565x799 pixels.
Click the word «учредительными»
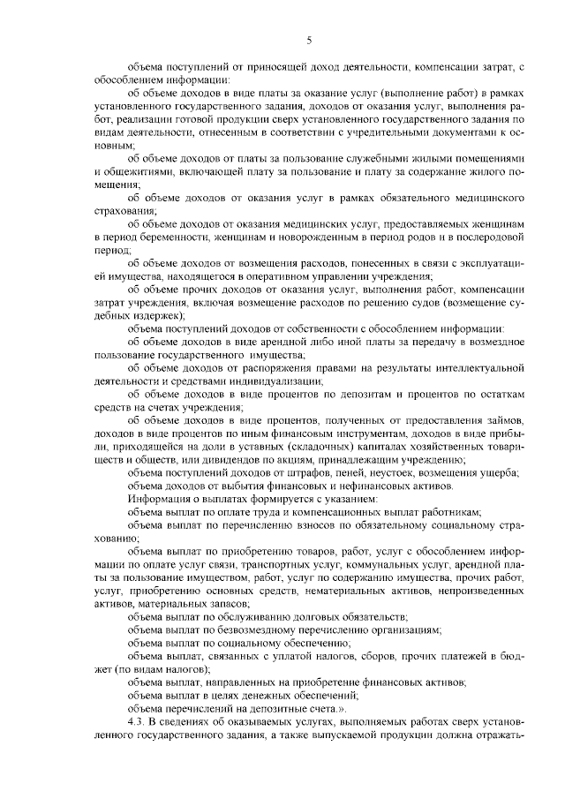click(x=405, y=131)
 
